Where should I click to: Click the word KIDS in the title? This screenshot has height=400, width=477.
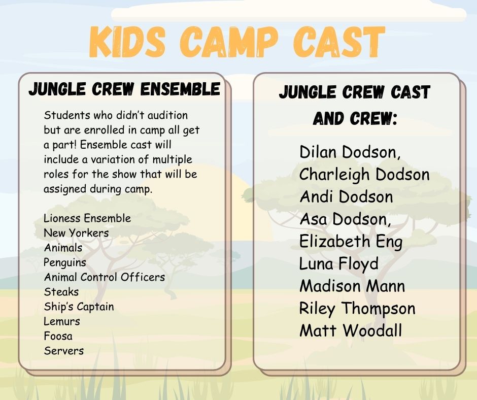click(128, 42)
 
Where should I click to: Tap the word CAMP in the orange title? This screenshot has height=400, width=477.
click(229, 42)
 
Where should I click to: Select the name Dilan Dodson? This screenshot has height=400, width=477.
click(350, 152)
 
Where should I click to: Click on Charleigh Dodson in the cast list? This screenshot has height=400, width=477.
click(364, 175)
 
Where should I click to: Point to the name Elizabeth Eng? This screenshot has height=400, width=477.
click(351, 242)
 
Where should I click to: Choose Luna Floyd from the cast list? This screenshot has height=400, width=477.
click(339, 264)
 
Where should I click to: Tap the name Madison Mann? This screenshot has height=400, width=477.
click(352, 286)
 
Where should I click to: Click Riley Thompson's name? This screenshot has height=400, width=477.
click(357, 309)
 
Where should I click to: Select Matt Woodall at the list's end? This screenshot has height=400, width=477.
click(351, 330)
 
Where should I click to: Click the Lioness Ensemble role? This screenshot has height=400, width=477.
click(87, 218)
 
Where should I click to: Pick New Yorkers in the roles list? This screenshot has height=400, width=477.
click(76, 233)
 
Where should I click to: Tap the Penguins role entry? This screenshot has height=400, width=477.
click(65, 263)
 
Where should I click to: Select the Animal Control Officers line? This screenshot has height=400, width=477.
click(105, 277)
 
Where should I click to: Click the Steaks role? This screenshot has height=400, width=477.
click(61, 292)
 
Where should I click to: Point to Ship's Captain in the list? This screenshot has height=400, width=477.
click(79, 307)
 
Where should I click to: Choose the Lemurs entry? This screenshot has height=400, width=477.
click(62, 321)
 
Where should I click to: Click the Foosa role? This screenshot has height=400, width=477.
click(58, 336)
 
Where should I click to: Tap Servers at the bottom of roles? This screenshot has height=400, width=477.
click(63, 351)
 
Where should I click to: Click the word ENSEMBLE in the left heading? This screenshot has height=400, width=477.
click(180, 89)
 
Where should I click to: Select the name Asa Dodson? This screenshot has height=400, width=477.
click(345, 219)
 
